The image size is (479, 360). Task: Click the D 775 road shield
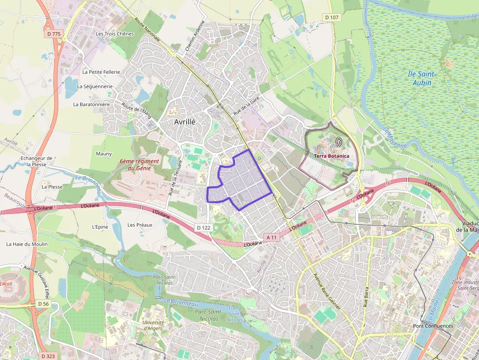pyautogui.click(x=55, y=34)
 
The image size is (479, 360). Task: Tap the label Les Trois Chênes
pyautogui.click(x=114, y=34)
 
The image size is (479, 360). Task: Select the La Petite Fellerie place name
pyautogui.click(x=101, y=72)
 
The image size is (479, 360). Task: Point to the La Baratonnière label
pyautogui.click(x=91, y=104)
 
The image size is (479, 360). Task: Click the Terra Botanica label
pyautogui.click(x=331, y=156)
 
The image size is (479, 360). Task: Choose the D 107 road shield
pyautogui.click(x=331, y=18)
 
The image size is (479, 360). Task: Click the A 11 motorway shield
pyautogui.click(x=271, y=237)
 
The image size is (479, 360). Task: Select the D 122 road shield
pyautogui.click(x=203, y=228)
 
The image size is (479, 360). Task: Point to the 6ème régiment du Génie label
pyautogui.click(x=139, y=165)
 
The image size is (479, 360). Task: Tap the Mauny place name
pyautogui.click(x=104, y=154)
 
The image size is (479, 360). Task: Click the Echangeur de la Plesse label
pyautogui.click(x=36, y=161)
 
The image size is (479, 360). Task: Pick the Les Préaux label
pyautogui.click(x=140, y=225)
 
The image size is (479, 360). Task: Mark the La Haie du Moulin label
pyautogui.click(x=26, y=244)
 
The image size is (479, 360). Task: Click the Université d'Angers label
pyautogui.click(x=153, y=325)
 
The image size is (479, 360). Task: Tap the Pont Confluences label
pyautogui.click(x=433, y=326)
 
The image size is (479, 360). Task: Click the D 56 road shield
pyautogui.click(x=43, y=304)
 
